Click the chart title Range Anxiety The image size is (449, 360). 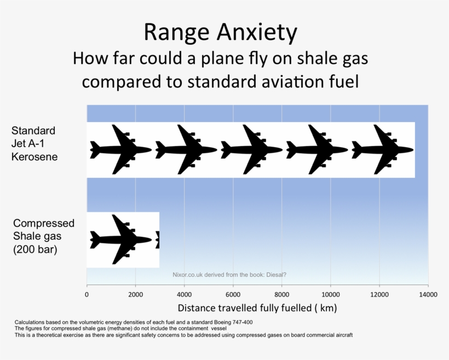pos(220,32)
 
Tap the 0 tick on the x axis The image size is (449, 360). pos(87,294)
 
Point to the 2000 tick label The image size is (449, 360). pos(135,294)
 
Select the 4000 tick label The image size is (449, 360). pos(184,294)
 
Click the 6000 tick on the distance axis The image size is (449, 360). pos(233,294)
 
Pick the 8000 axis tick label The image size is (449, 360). pos(281,294)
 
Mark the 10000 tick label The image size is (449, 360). pos(330,294)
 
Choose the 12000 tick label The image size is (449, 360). pos(379,294)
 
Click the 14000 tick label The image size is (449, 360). pos(428,294)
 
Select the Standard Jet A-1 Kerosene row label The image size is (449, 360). pos(34,144)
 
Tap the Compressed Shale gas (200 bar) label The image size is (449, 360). pos(44,236)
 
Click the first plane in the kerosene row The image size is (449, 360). pos(121,149)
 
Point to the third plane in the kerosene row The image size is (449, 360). pos(251,149)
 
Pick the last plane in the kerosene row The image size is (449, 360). pos(382,149)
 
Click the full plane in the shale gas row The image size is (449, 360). pos(121,240)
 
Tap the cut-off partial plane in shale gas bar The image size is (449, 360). pos(157,240)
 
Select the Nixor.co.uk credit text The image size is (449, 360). pos(229,275)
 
